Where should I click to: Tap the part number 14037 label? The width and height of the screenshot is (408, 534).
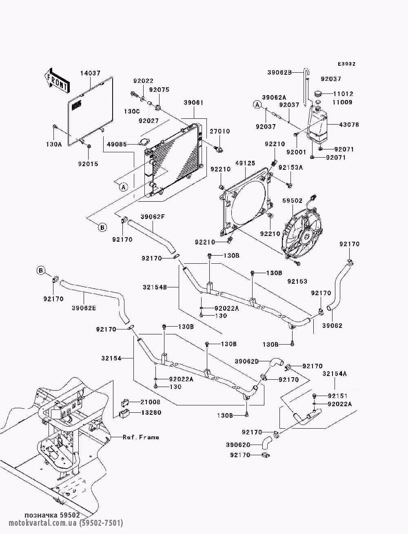[x=90, y=73]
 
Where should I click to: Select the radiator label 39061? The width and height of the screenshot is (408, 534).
[x=193, y=103]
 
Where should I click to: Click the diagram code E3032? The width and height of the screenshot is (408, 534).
[x=346, y=64]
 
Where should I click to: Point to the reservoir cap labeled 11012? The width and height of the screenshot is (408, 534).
[x=318, y=94]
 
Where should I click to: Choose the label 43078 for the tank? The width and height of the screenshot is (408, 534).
[x=349, y=125]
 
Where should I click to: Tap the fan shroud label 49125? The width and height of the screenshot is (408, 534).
[x=245, y=163]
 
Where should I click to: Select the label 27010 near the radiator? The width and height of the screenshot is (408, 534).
[x=220, y=131]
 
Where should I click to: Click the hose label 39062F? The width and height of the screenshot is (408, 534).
[x=153, y=216]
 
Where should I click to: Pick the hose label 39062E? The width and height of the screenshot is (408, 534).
[x=84, y=308]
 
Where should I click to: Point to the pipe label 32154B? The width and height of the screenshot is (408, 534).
[x=155, y=287]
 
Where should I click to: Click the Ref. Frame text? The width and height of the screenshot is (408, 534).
[x=141, y=437]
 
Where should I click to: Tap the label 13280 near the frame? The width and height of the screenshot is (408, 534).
[x=151, y=413]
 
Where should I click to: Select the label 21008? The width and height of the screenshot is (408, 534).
[x=151, y=402]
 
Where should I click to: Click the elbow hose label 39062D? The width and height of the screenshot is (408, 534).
[x=247, y=361]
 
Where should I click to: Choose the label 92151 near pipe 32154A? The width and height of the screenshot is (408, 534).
[x=337, y=396]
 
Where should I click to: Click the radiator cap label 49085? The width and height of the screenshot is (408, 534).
[x=117, y=145]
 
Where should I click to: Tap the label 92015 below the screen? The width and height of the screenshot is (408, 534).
[x=88, y=164]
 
